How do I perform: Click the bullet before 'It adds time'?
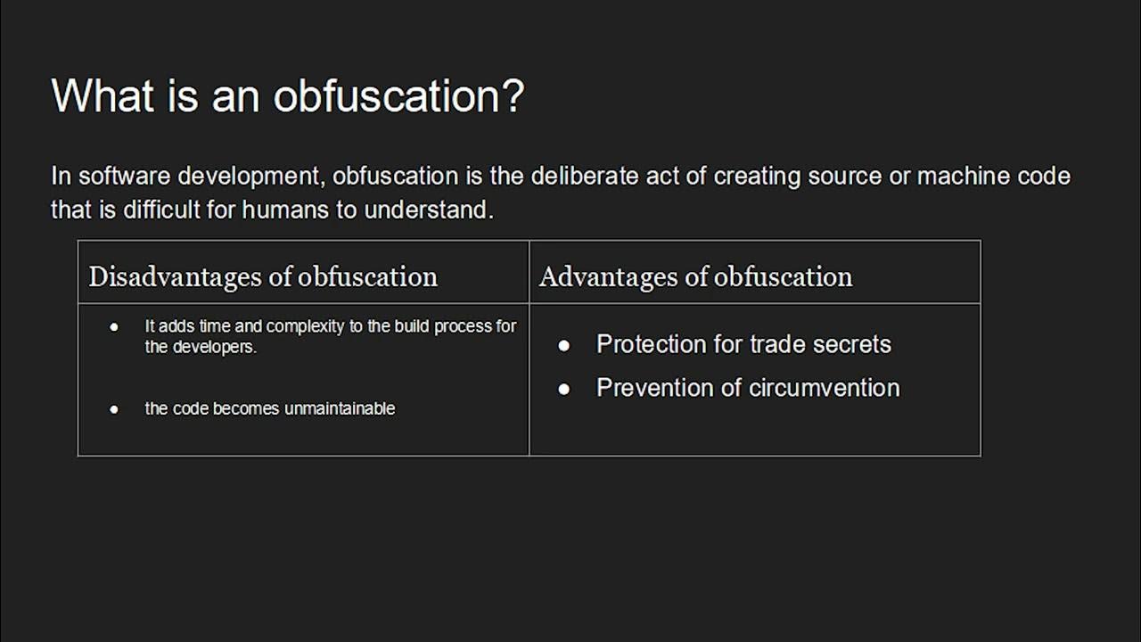point(114,327)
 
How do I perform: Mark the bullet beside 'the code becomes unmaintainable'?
point(114,409)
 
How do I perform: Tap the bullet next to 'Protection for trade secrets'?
point(563,345)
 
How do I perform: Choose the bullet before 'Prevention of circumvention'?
point(563,389)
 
